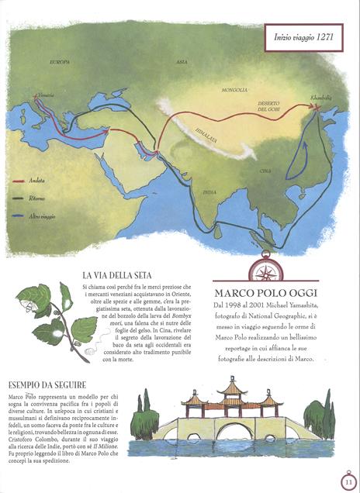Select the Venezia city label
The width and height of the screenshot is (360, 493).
click(x=45, y=98)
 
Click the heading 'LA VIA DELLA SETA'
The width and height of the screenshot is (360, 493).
click(x=116, y=275)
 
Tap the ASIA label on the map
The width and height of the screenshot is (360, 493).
click(x=182, y=61)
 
